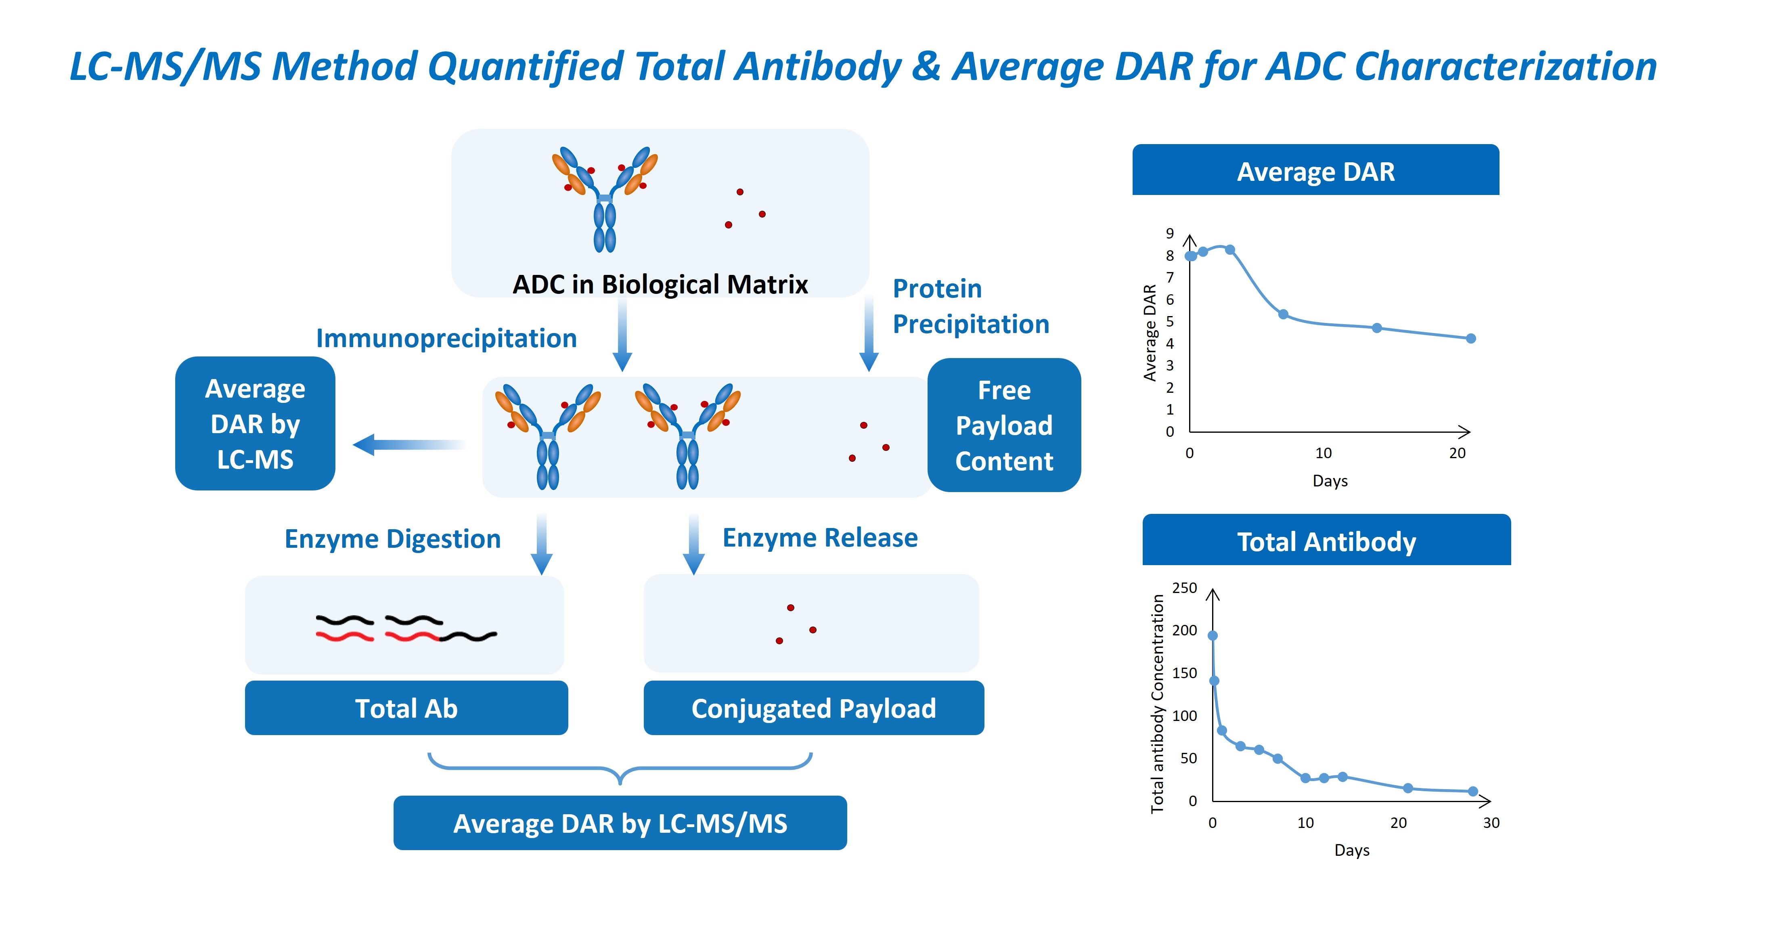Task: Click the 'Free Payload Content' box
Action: point(1004,425)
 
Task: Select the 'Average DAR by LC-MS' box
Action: point(255,424)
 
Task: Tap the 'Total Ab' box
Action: point(406,708)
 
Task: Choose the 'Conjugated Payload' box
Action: point(814,708)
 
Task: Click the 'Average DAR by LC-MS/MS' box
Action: point(620,823)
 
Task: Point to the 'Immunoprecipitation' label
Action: point(446,338)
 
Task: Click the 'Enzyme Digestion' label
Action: point(392,539)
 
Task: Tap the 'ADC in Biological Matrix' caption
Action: point(660,284)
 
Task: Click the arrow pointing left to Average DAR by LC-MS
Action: point(410,444)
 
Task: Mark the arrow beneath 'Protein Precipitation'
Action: point(869,334)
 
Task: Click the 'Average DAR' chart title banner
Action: point(1315,171)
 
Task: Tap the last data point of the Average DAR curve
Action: point(1470,338)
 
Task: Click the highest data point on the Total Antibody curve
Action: point(1213,635)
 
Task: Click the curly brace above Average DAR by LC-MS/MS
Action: point(620,769)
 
